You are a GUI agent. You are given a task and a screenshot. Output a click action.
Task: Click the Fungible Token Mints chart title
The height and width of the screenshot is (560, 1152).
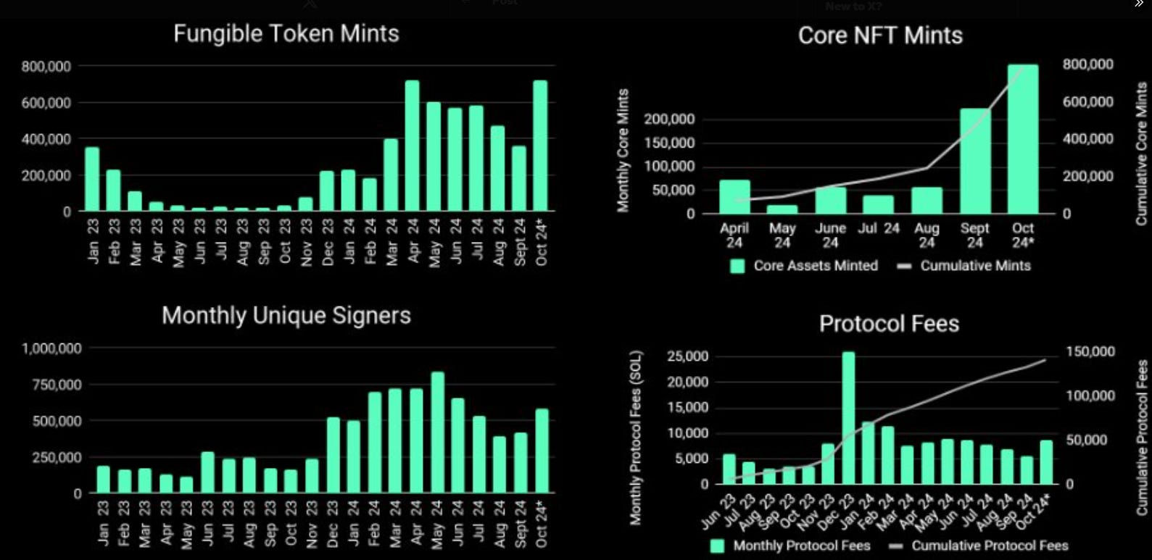[286, 34]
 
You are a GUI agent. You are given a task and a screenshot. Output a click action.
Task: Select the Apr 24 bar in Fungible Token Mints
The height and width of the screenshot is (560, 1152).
[413, 146]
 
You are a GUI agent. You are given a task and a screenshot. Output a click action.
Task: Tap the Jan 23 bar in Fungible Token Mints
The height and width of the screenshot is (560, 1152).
[92, 179]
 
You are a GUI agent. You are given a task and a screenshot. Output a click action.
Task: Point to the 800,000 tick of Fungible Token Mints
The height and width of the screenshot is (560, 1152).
[46, 67]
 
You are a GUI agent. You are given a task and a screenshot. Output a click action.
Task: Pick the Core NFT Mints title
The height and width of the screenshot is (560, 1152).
[879, 35]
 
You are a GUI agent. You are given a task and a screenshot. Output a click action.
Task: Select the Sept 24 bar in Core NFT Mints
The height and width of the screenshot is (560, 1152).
[974, 161]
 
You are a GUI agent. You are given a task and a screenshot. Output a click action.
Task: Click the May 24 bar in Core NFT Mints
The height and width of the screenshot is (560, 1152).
[782, 209]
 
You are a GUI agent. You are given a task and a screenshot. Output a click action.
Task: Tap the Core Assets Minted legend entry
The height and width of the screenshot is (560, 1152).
[805, 266]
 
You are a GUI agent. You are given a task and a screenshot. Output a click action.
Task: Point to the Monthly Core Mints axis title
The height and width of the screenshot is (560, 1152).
[623, 151]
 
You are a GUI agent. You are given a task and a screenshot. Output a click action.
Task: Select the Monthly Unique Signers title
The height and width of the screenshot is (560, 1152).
[286, 316]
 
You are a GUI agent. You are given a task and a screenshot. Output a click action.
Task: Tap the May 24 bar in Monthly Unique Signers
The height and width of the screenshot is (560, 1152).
[437, 432]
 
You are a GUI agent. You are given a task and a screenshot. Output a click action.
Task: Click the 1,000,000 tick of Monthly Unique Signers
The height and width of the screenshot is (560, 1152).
[52, 348]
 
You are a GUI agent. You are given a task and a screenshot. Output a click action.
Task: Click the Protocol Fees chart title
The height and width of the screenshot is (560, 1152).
[889, 324]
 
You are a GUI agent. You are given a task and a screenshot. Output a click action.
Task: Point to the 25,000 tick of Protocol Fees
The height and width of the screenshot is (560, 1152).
[687, 356]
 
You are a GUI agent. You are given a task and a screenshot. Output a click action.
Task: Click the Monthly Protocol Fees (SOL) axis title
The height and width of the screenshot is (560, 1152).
[636, 438]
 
